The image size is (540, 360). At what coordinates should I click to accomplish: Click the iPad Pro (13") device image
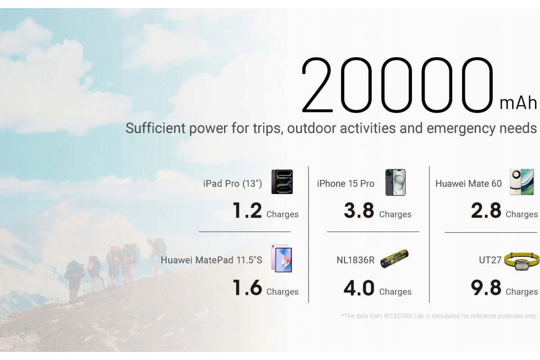pos(282,182)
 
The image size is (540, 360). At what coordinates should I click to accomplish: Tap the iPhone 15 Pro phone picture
pos(396,182)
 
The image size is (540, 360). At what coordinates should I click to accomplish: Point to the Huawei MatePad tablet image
pos(282,258)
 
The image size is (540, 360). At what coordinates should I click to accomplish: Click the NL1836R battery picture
pos(394,258)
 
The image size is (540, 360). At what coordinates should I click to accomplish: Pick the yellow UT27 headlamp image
pos(522,261)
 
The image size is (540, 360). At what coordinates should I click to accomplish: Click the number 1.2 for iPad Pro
pos(247,211)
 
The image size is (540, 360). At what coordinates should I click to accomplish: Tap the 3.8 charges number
pos(359,211)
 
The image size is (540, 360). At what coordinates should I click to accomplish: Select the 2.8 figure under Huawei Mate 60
pos(486,211)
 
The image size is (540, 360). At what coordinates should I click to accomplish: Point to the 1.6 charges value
pos(247,288)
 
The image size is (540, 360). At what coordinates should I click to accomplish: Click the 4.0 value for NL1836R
pos(359,288)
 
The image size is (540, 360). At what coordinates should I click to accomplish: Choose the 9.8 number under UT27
pos(486,288)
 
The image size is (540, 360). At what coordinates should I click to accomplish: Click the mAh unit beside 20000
pos(518,103)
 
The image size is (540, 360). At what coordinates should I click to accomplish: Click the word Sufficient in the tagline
pos(156,128)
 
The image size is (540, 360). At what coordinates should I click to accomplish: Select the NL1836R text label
pos(355,260)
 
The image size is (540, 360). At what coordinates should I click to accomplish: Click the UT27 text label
pos(490,260)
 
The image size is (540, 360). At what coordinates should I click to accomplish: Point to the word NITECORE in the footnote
pos(398,316)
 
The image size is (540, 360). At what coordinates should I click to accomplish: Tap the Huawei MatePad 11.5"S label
pos(211,260)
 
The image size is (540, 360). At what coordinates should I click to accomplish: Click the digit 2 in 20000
pos(317,85)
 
